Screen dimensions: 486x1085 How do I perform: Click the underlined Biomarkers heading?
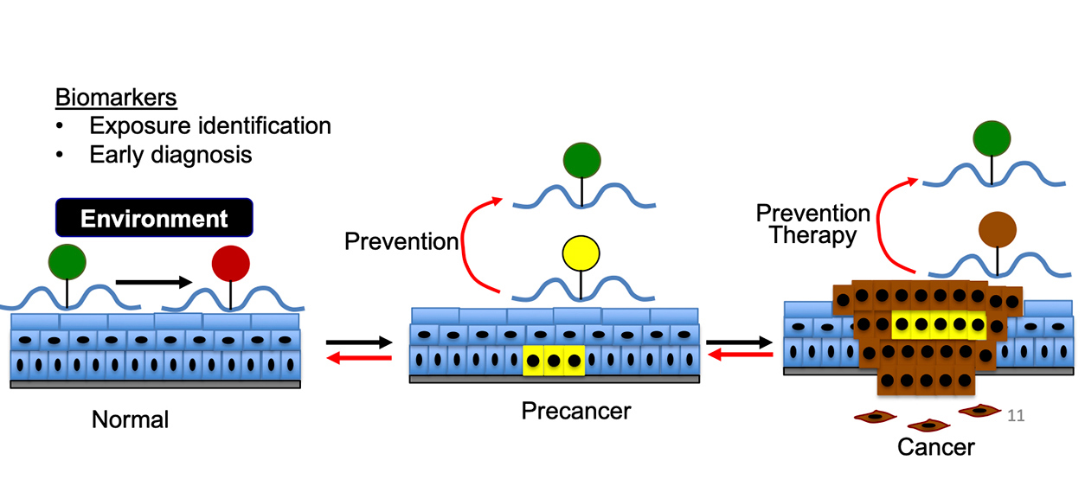click(116, 98)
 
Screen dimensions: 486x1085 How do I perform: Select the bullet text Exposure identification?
click(210, 126)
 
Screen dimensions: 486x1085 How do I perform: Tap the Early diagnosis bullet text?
click(170, 155)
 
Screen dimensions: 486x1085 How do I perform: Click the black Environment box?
click(154, 218)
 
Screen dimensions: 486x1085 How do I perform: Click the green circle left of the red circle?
click(67, 262)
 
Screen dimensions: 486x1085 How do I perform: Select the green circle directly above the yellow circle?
click(581, 162)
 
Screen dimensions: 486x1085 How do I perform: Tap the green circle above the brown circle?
click(992, 139)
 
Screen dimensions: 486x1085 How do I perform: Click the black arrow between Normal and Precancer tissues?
click(359, 342)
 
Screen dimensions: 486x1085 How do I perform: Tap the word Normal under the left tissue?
click(130, 421)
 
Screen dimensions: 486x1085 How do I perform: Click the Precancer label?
click(576, 411)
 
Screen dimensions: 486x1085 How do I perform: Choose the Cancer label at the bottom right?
click(935, 447)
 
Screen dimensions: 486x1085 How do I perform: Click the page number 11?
click(1016, 416)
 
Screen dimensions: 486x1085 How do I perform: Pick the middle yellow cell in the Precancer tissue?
click(554, 360)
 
